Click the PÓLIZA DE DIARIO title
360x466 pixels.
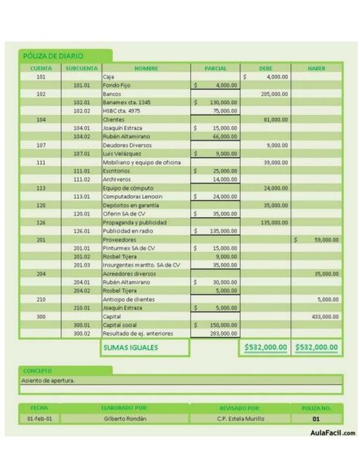coord(53,55)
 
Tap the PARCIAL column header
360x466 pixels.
coord(215,68)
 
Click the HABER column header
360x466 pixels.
coord(316,68)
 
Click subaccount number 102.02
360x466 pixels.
coord(82,111)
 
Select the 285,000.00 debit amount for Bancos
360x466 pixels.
coord(275,94)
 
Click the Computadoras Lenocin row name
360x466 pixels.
coord(132,196)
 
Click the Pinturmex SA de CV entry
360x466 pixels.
coord(128,248)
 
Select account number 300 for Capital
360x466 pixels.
coord(41,316)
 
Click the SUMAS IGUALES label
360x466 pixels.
coord(130,347)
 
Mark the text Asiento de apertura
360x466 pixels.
coord(48,379)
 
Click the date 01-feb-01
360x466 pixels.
coord(40,419)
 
